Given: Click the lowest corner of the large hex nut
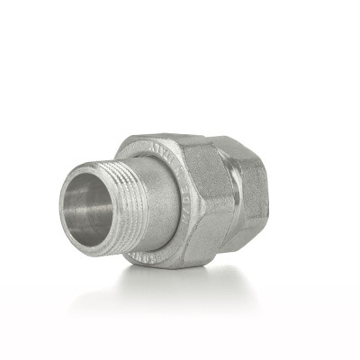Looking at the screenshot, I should point(202,267).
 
